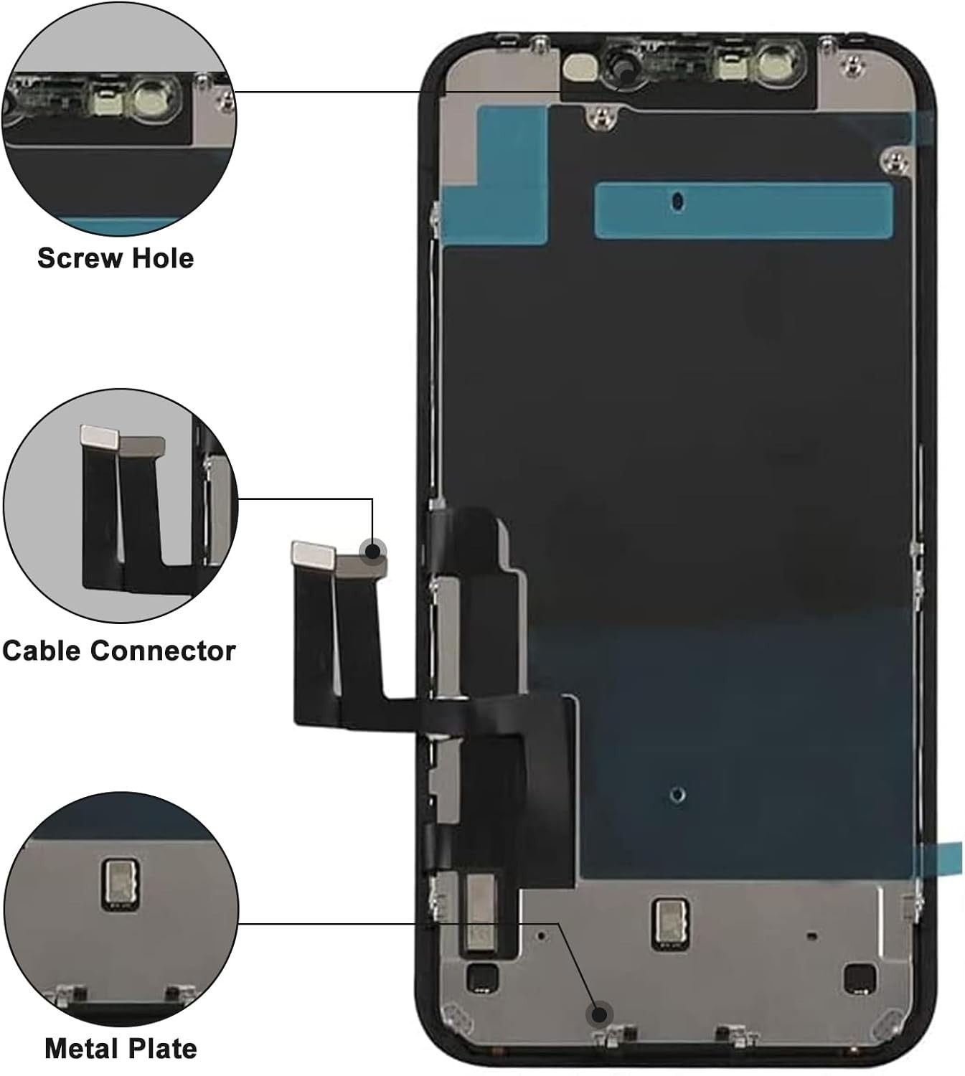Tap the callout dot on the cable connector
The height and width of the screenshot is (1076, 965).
[x=372, y=552]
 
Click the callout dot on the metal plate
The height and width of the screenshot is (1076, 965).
[x=598, y=1014]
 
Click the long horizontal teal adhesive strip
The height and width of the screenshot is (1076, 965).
[x=743, y=210]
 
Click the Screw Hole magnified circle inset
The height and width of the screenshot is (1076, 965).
[x=119, y=119]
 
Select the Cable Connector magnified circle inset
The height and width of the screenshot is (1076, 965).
[x=121, y=506]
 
